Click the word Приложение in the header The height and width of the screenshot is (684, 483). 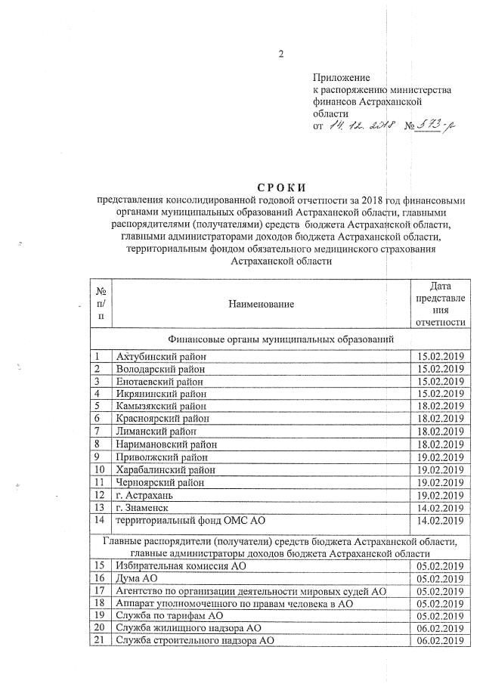(342, 77)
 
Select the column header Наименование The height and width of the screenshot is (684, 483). (260, 303)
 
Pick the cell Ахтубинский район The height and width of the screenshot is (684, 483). (159, 356)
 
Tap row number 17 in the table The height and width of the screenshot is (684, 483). (99, 590)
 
